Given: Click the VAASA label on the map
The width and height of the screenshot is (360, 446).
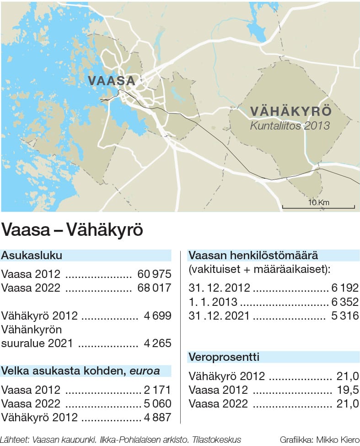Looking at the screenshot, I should (x=112, y=81).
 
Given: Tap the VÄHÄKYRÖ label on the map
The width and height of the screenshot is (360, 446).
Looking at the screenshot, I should (x=291, y=112).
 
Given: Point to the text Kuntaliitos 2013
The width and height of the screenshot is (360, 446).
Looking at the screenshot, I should (x=290, y=125).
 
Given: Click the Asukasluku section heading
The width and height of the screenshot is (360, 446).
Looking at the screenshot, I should (x=32, y=256).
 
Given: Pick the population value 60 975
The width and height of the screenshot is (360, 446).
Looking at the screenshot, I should (x=154, y=274).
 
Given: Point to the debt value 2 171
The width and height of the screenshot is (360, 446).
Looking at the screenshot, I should (x=156, y=390).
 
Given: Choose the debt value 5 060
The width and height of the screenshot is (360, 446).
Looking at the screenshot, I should (x=156, y=404).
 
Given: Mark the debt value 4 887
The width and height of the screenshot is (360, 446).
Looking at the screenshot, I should (x=156, y=417).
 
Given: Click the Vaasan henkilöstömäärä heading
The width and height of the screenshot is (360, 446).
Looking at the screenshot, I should (x=253, y=256).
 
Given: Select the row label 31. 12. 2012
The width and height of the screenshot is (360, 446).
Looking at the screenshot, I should (x=220, y=288).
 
